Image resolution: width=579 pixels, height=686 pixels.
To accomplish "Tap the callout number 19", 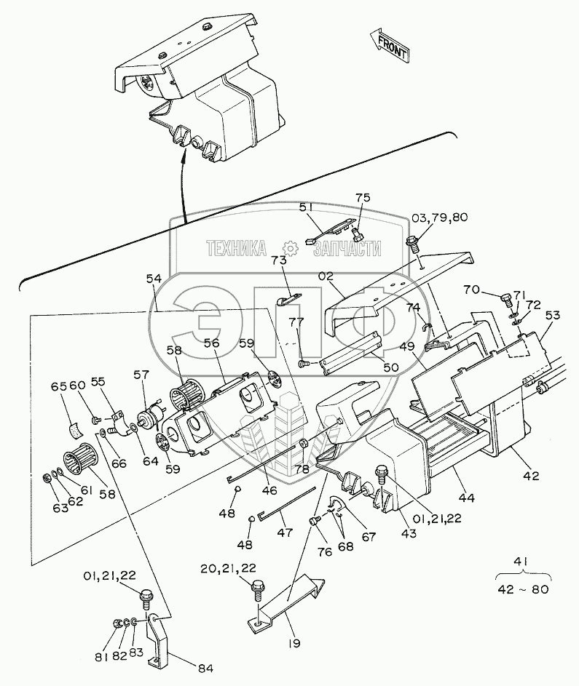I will click(293, 643).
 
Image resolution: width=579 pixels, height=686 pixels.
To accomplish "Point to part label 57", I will click(141, 375).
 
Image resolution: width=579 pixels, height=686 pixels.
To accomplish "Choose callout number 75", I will click(362, 199).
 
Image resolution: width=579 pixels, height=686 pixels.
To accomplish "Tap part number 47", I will click(283, 533).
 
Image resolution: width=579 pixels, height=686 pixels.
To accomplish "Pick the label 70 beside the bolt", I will click(473, 289).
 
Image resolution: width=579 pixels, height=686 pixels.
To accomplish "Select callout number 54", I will click(154, 279).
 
